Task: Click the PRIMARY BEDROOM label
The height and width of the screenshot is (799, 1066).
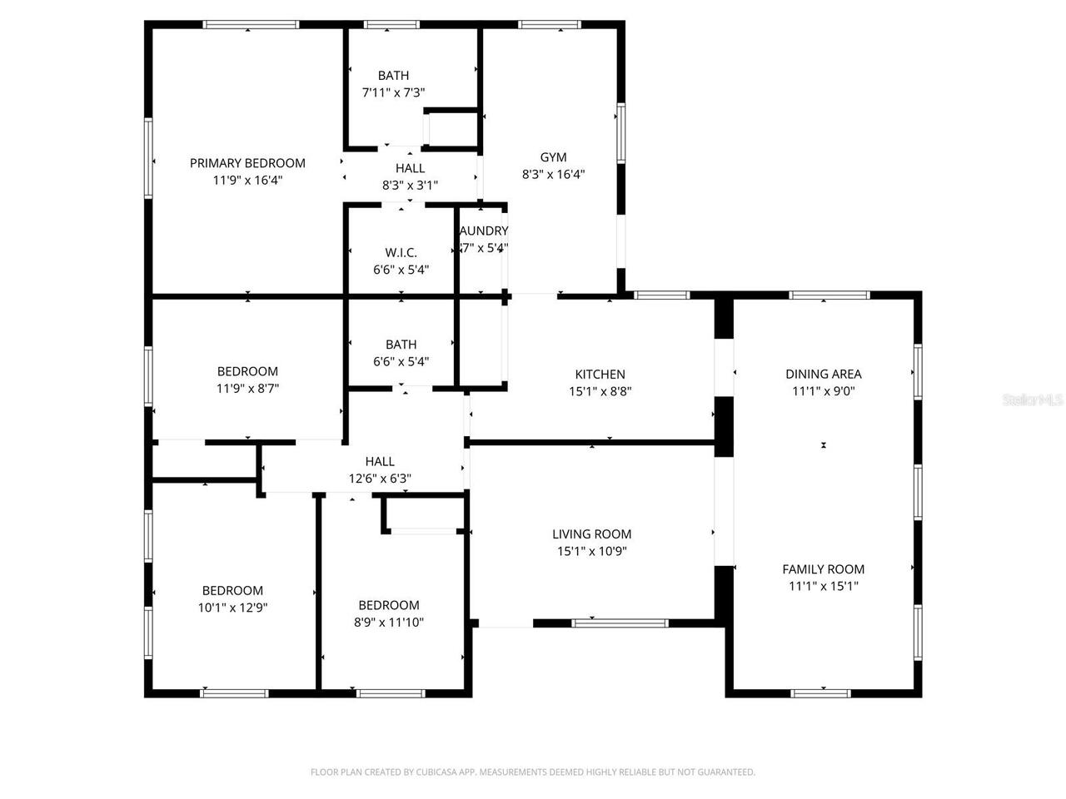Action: (x=247, y=163)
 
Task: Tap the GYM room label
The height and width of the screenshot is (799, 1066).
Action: (x=553, y=157)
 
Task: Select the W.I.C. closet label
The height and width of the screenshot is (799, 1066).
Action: (x=401, y=252)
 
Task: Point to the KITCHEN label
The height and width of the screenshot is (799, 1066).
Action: (x=600, y=375)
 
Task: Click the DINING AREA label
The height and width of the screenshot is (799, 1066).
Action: (x=823, y=374)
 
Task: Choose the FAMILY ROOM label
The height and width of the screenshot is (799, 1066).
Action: (x=823, y=569)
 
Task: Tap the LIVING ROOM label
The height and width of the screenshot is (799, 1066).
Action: (x=591, y=534)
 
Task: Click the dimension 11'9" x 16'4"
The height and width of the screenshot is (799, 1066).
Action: (x=247, y=180)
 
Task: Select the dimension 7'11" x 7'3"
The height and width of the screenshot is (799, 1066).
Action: (x=393, y=92)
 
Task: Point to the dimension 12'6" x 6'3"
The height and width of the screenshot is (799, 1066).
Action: (x=380, y=479)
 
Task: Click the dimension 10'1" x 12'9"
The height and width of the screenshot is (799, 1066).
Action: (x=232, y=608)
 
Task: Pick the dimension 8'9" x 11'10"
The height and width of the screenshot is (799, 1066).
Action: (x=389, y=622)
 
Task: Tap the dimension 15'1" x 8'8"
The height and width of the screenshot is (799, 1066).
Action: (x=600, y=391)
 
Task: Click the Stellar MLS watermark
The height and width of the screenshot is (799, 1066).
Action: (x=1033, y=400)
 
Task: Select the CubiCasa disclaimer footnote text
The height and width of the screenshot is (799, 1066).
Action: (x=533, y=772)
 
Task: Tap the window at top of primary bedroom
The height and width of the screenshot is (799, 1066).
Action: (x=247, y=25)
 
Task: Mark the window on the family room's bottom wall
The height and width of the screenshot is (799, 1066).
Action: (x=821, y=692)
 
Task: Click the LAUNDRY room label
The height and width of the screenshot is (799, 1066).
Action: (x=484, y=231)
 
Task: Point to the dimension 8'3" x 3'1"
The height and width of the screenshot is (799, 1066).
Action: (x=410, y=186)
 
